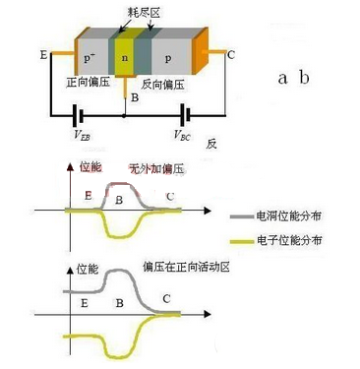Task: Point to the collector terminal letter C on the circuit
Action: [x=230, y=56]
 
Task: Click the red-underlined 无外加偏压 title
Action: [x=152, y=168]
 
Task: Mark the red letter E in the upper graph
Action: [x=88, y=198]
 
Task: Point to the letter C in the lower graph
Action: [x=165, y=298]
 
